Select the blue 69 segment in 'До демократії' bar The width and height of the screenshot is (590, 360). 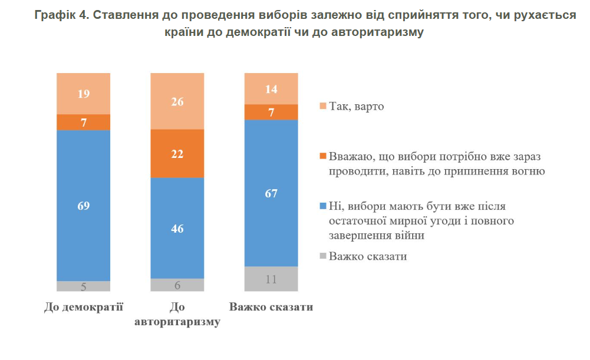click(83, 205)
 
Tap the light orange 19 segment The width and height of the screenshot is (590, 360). click(83, 94)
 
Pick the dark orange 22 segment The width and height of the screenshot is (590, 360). click(177, 154)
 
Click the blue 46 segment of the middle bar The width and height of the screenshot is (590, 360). click(177, 228)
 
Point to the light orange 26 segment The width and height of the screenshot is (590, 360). click(177, 101)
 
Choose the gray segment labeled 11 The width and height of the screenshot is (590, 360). click(271, 279)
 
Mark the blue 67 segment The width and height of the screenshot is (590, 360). click(271, 193)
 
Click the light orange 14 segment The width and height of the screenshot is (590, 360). click(271, 89)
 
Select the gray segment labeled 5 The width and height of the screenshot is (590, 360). click(83, 286)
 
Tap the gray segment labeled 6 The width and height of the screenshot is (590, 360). click(177, 285)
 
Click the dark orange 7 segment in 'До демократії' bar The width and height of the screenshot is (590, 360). click(83, 122)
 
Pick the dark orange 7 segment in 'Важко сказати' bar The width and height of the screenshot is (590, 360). click(271, 112)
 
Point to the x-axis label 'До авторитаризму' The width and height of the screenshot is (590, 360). click(177, 315)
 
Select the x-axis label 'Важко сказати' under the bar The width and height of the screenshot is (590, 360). click(271, 308)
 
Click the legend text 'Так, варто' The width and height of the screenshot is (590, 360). click(357, 106)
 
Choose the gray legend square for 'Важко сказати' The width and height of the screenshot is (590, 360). click(322, 256)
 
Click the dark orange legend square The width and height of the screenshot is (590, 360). click(322, 156)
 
